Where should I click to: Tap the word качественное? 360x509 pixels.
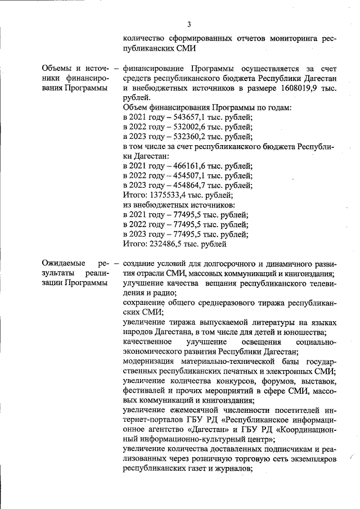pos(147,342)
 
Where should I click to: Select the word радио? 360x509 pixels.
pos(166,292)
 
